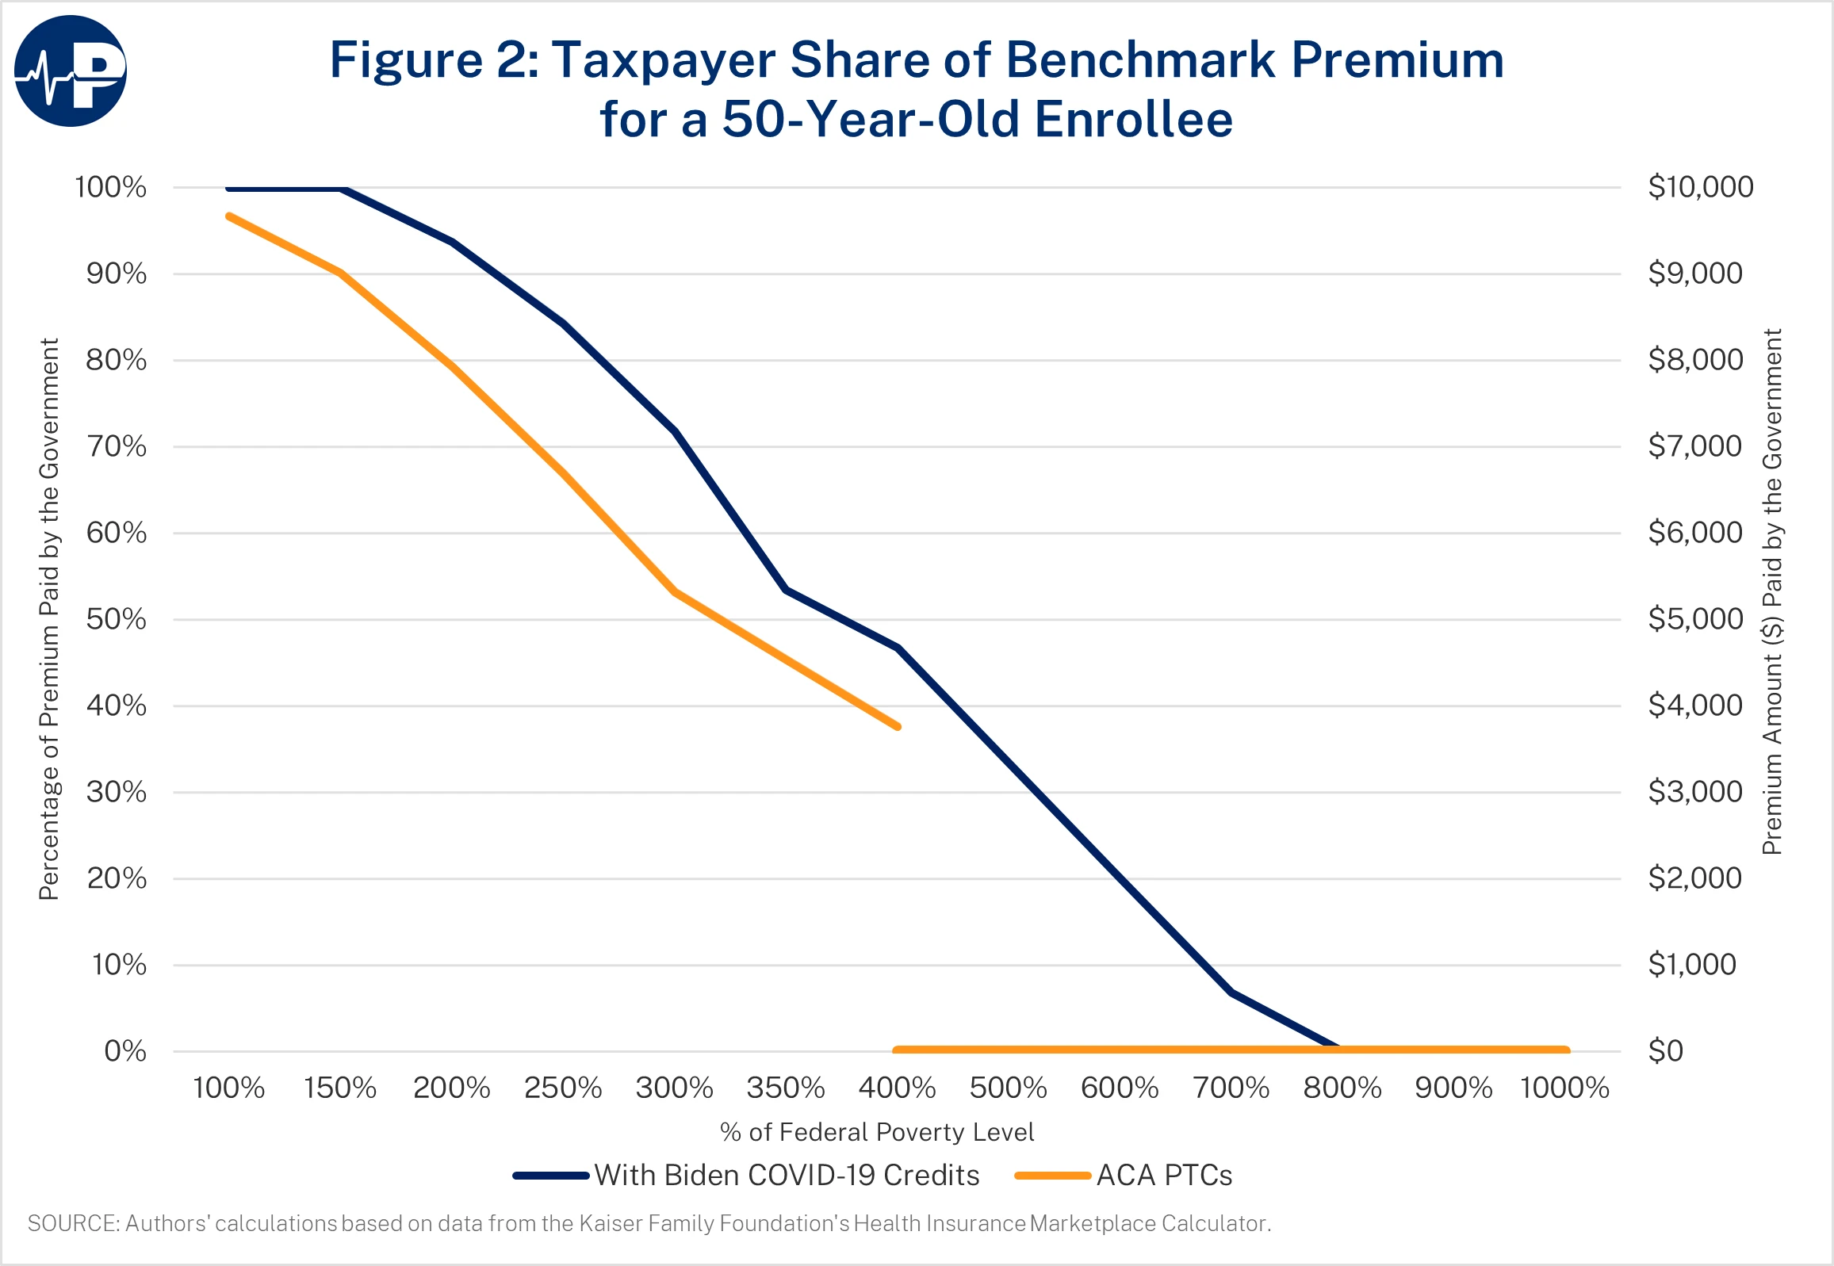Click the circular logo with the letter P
[x=71, y=71]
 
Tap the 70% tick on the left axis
[x=116, y=446]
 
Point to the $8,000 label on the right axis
[x=1694, y=360]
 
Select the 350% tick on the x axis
[x=785, y=1088]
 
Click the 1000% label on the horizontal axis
[x=1564, y=1088]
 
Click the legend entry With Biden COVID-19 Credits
[x=786, y=1175]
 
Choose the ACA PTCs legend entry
[x=1164, y=1175]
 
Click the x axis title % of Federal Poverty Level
[x=876, y=1132]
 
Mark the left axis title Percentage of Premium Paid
[x=49, y=618]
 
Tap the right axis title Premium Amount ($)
[x=1772, y=591]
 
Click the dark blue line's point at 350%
[x=785, y=590]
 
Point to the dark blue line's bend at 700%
[x=1231, y=993]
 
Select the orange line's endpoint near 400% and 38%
[x=897, y=726]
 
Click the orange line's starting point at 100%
[x=229, y=216]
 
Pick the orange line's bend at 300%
[x=675, y=591]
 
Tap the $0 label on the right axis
[x=1665, y=1051]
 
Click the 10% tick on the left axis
[x=119, y=965]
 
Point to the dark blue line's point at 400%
[x=897, y=648]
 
